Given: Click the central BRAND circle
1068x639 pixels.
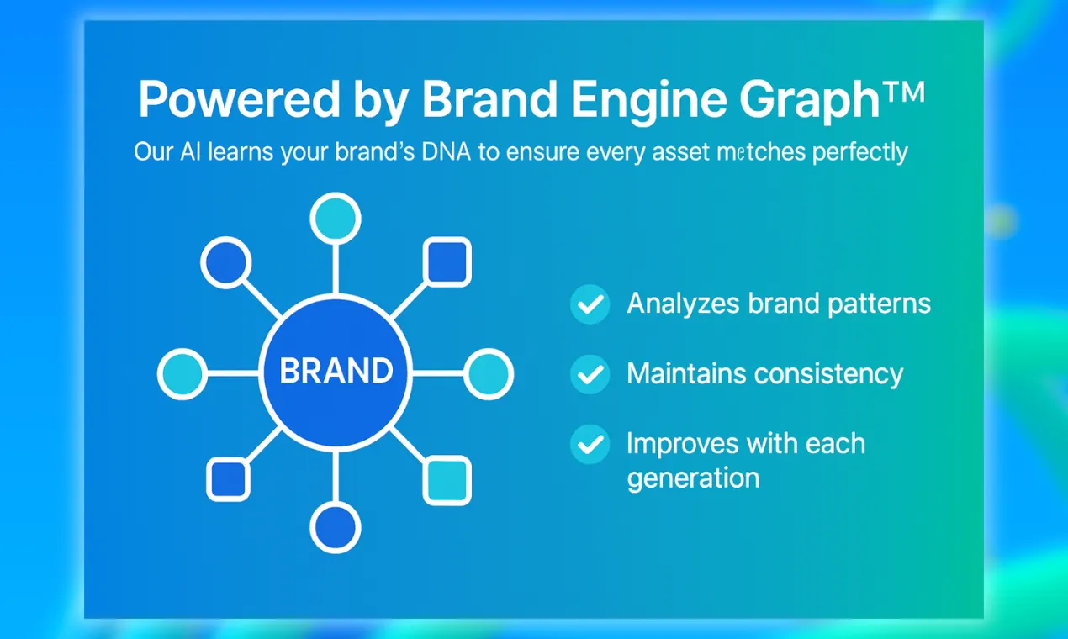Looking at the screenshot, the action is tap(336, 372).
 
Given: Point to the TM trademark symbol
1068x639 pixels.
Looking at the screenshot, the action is tap(903, 91).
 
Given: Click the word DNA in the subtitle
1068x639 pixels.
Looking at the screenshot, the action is tap(446, 151).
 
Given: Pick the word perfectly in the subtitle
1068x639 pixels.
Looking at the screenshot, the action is tap(859, 152).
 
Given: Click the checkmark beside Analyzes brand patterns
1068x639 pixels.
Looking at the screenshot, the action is tap(590, 304).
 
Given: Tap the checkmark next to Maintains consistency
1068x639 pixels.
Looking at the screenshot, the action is tap(590, 374).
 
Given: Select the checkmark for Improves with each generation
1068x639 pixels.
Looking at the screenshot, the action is tap(590, 445).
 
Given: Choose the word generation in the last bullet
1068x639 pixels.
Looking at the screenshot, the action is tap(693, 478).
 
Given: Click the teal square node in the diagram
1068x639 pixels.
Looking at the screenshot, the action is tap(447, 480).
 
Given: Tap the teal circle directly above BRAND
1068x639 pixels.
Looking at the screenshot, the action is tap(336, 219).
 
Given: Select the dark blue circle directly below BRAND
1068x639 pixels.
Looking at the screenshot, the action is tap(336, 528).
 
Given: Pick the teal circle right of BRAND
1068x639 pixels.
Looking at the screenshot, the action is tap(489, 374).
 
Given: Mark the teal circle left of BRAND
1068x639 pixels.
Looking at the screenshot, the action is tap(182, 374).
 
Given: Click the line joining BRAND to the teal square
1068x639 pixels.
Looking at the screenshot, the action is tap(408, 443).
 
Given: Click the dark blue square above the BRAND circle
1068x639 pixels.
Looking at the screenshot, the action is tap(447, 261).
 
